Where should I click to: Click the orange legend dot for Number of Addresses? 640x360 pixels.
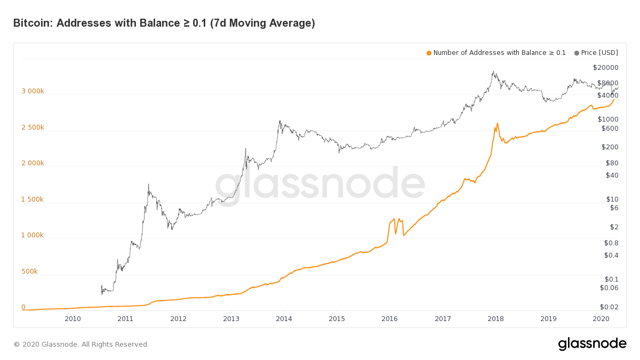click(x=429, y=53)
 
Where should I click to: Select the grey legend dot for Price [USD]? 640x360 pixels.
click(x=577, y=53)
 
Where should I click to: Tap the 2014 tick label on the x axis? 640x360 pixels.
click(x=284, y=319)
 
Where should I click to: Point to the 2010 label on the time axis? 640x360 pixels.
click(x=73, y=319)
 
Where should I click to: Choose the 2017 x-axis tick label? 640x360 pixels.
click(x=443, y=319)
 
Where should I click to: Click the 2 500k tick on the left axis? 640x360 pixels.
click(x=33, y=127)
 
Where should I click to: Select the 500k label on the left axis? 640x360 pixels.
click(x=29, y=271)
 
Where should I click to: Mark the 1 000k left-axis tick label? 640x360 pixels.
click(x=33, y=235)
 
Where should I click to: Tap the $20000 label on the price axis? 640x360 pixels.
click(x=605, y=68)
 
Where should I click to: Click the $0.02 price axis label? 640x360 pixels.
click(x=609, y=307)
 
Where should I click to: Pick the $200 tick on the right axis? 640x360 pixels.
click(x=610, y=147)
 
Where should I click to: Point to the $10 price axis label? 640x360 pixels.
click(x=612, y=199)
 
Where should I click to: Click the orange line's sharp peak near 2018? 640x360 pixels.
click(x=498, y=123)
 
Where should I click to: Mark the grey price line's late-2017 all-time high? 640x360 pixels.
click(x=493, y=71)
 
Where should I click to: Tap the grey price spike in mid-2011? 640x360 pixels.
click(x=148, y=185)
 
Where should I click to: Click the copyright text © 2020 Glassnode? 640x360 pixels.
click(x=82, y=345)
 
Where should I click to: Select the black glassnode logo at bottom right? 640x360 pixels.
click(x=593, y=343)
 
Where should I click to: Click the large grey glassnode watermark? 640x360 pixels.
click(x=320, y=185)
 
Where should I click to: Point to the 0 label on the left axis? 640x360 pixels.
click(x=23, y=307)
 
